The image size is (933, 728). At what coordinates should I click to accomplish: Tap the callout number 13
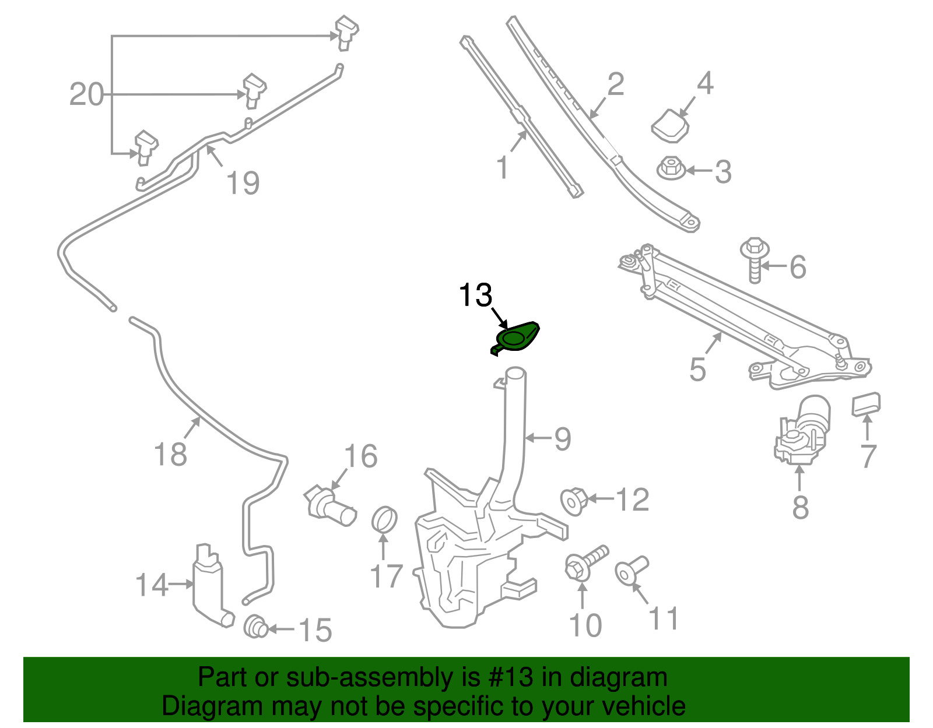(x=475, y=296)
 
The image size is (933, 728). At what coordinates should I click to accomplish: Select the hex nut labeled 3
(x=671, y=168)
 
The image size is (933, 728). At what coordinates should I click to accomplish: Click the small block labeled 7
(x=866, y=404)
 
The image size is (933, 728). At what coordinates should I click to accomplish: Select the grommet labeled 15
(x=255, y=627)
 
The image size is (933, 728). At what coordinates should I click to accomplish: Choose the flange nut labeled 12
(x=573, y=501)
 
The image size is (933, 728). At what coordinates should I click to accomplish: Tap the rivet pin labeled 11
(x=630, y=570)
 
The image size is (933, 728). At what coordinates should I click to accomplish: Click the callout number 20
(x=86, y=94)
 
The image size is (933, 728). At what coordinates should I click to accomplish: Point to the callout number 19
(x=243, y=183)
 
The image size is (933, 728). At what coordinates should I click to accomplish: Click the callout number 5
(x=697, y=370)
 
